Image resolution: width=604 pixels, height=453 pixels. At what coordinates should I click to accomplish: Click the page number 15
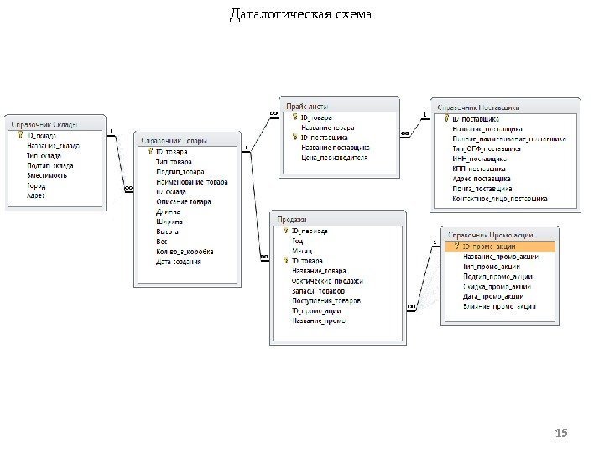[562, 432]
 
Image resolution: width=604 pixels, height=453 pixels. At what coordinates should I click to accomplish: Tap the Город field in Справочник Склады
[37, 185]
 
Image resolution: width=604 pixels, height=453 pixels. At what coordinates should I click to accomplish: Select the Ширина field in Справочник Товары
[169, 221]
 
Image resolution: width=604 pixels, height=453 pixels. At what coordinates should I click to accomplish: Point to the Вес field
[163, 242]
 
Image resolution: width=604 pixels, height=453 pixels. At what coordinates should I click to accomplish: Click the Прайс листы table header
[307, 107]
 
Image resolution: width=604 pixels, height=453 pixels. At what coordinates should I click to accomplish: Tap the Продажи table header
[293, 218]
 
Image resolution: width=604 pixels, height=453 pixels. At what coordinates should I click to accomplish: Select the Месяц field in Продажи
[301, 250]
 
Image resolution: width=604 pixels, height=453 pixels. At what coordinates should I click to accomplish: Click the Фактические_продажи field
[328, 280]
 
